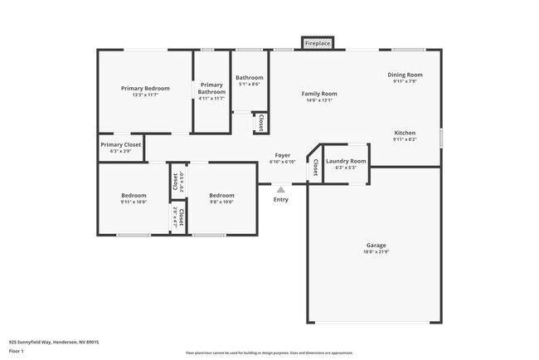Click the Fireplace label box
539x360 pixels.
pyautogui.click(x=318, y=42)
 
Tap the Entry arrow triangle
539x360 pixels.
pyautogui.click(x=280, y=190)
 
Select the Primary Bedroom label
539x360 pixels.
pyautogui.click(x=145, y=89)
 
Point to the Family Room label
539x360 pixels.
pyautogui.click(x=318, y=94)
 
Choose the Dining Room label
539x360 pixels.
pyautogui.click(x=405, y=75)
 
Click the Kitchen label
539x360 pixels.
pyautogui.click(x=405, y=133)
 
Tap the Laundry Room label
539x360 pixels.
pyautogui.click(x=346, y=161)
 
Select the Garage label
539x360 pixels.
pyautogui.click(x=377, y=246)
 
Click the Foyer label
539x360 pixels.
pyautogui.click(x=282, y=155)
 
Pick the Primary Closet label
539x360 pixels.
pyautogui.click(x=121, y=144)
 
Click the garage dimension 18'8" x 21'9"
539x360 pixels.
pyautogui.click(x=377, y=252)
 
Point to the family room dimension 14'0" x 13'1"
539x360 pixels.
pyautogui.click(x=318, y=100)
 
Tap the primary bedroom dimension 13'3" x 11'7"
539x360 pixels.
pyautogui.click(x=145, y=95)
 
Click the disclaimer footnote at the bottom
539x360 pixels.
pyautogui.click(x=269, y=353)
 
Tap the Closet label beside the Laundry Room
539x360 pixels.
pyautogui.click(x=315, y=168)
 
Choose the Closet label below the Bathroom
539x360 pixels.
pyautogui.click(x=260, y=123)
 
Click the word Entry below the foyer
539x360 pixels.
pyautogui.click(x=281, y=199)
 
